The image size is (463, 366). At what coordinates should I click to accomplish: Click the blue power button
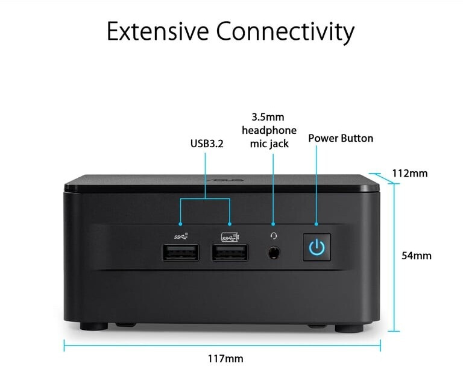point(317,247)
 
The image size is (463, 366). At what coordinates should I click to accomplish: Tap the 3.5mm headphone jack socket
point(274,253)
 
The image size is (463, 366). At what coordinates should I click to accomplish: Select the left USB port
point(180,253)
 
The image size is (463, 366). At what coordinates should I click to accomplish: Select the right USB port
point(230,253)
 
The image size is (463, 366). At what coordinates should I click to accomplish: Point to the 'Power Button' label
point(341,138)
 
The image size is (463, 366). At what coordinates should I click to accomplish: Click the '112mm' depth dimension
point(409,174)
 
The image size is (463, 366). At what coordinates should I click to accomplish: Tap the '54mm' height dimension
point(417,255)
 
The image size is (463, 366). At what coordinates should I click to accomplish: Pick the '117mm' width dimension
point(225,359)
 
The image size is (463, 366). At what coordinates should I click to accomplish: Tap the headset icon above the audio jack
point(274,236)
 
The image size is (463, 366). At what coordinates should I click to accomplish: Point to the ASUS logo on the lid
point(223,180)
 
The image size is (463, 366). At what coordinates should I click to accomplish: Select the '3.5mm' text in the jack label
point(269,116)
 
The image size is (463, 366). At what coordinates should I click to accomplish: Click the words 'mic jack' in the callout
point(269,144)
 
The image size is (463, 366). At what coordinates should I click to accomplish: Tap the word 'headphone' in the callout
point(269,130)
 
